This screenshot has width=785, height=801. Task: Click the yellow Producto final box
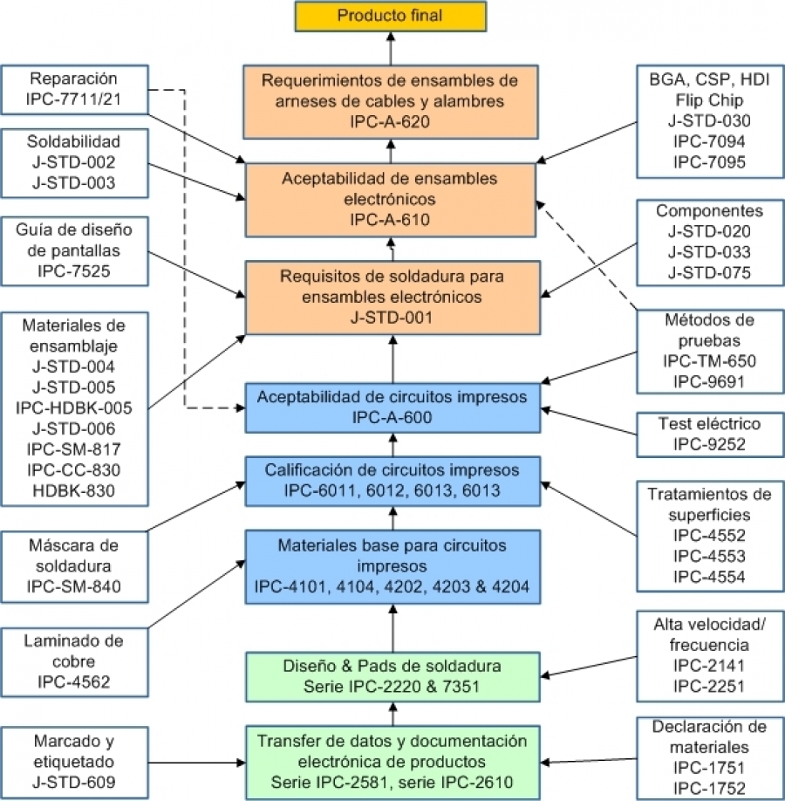(391, 16)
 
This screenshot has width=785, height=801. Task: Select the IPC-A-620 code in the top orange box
(390, 121)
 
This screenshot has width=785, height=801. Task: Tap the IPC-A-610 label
(390, 220)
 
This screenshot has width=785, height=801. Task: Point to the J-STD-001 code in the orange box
(392, 318)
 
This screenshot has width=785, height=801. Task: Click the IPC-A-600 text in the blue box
(392, 417)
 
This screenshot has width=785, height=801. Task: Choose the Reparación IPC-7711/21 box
(74, 89)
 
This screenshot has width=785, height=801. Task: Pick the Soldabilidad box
(74, 163)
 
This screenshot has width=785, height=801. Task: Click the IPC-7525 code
(74, 270)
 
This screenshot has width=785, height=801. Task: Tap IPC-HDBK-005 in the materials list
(74, 407)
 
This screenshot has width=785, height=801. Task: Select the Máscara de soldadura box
(74, 567)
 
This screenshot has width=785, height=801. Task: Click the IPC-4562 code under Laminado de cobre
(74, 681)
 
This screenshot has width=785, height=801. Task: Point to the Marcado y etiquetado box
(74, 763)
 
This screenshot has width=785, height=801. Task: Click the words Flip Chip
(709, 100)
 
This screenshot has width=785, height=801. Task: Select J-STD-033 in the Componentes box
(709, 252)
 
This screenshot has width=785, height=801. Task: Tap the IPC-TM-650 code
(709, 361)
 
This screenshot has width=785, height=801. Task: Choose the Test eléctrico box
(710, 435)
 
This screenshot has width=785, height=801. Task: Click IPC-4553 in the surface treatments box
(709, 556)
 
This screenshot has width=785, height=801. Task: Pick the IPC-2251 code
(709, 686)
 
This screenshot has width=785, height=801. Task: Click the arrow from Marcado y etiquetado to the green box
(197, 763)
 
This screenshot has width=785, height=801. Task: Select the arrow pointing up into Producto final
(391, 49)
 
